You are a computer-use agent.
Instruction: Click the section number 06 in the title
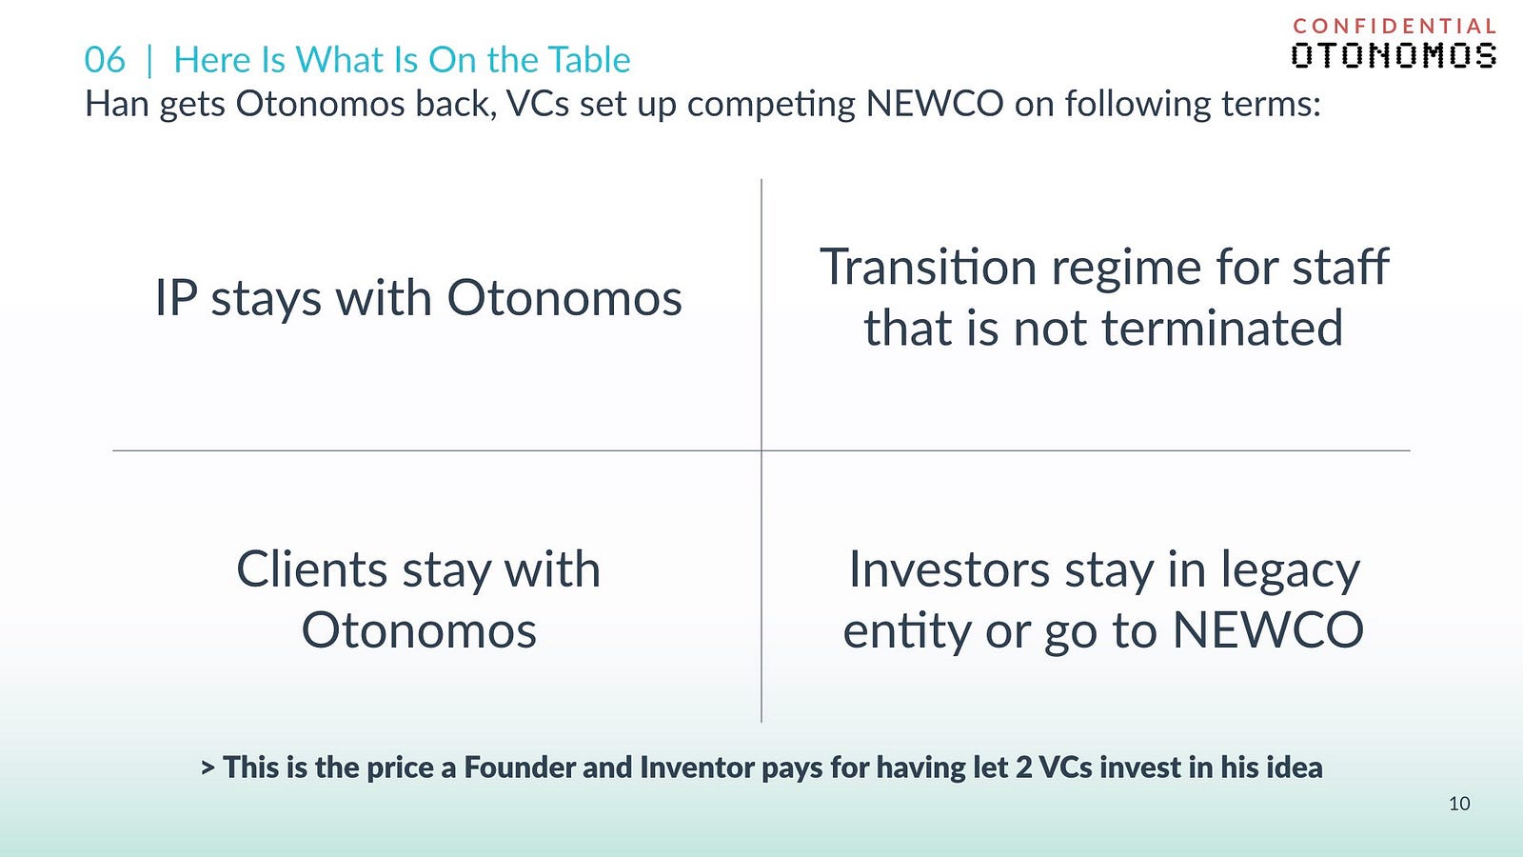105,60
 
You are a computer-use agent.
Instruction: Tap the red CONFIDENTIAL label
1394,27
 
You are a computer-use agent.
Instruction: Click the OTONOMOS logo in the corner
1394,56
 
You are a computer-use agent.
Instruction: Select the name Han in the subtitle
117,104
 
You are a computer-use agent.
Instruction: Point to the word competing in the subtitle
771,106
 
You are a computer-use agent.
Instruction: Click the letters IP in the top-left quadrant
176,298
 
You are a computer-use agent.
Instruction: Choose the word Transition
928,267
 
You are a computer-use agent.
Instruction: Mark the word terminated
1222,328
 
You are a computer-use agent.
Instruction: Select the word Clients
312,569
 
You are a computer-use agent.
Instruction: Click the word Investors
949,569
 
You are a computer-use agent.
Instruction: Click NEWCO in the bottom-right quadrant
1268,630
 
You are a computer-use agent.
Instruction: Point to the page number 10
1459,804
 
